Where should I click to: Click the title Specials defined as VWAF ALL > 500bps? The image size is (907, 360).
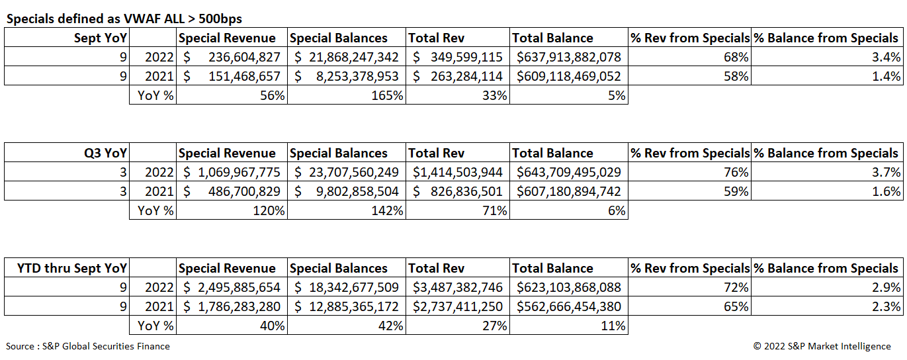(128, 19)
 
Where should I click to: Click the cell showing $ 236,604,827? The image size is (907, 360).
(232, 57)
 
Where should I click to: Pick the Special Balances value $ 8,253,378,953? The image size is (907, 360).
(347, 76)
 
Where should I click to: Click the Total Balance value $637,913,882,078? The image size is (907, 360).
(569, 57)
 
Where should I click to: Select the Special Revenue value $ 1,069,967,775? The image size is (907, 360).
(232, 172)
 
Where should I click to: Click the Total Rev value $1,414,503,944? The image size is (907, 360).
(458, 172)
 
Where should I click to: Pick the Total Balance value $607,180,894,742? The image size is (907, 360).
(569, 191)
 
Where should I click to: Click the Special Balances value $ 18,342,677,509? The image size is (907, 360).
(347, 287)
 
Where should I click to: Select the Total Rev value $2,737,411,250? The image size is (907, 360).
(458, 306)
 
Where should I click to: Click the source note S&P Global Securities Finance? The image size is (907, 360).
(88, 346)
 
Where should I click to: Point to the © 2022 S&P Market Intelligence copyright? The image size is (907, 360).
(822, 346)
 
